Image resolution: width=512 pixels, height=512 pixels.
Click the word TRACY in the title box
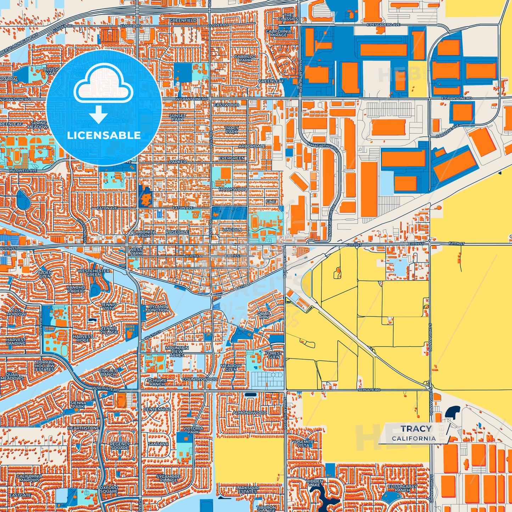point(416,429)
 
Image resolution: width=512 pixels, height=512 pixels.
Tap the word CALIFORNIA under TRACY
point(414,438)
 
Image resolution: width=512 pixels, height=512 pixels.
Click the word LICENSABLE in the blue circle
point(104,135)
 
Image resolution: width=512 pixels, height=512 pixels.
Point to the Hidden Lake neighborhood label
point(315,484)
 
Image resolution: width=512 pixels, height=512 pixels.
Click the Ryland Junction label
point(158,308)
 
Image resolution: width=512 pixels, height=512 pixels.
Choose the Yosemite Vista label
point(303,444)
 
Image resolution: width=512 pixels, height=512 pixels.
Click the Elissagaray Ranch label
point(402,489)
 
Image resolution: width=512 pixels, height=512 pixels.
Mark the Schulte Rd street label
point(369,390)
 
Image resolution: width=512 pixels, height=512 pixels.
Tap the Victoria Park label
point(193,430)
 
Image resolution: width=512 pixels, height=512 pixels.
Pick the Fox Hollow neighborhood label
point(16,312)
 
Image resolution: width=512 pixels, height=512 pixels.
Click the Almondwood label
point(250,413)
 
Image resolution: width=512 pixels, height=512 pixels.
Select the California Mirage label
point(279,33)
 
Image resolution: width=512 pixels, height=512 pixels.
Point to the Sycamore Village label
point(168,479)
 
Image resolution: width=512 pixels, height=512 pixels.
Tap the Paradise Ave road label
point(447,131)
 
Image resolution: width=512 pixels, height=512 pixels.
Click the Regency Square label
point(120,446)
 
